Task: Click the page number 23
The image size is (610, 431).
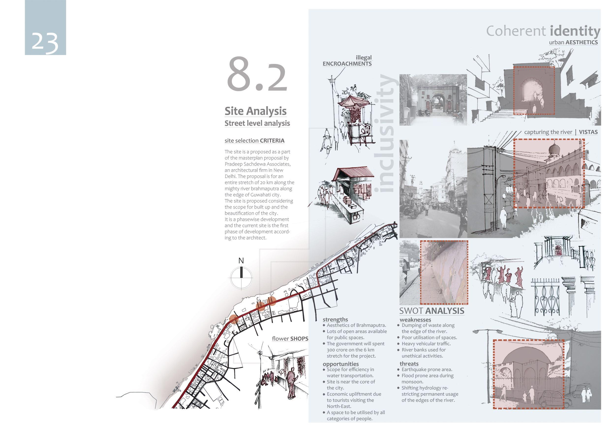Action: (45, 42)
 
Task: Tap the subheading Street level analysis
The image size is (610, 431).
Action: (257, 123)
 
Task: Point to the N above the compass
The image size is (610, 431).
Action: (241, 261)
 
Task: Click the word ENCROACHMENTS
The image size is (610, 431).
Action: (347, 64)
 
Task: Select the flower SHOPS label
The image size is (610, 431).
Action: (290, 339)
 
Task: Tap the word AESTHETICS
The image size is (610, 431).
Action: (581, 43)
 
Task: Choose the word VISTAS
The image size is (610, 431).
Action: (588, 132)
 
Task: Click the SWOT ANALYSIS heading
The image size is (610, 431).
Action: (432, 311)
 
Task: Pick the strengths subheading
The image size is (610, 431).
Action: (335, 319)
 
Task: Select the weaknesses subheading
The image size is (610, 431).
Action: (415, 320)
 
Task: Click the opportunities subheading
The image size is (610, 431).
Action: (341, 364)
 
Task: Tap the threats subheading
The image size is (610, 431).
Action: (409, 364)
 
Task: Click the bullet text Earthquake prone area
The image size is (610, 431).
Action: (427, 369)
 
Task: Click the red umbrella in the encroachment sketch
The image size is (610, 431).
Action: (353, 101)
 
